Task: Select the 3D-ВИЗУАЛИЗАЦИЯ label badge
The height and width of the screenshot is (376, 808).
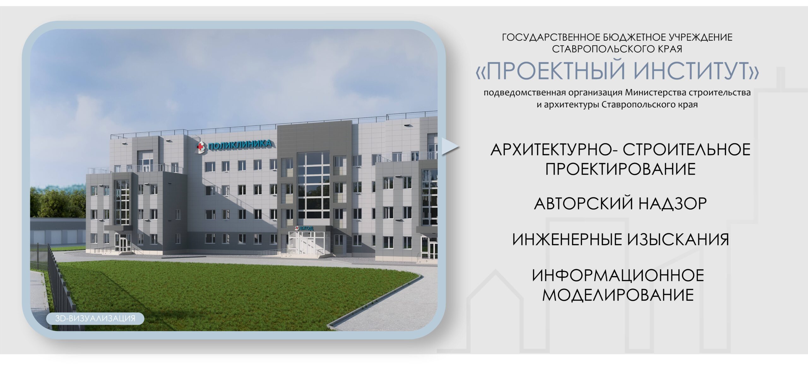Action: (x=95, y=318)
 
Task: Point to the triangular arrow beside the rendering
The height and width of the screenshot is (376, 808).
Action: (x=449, y=147)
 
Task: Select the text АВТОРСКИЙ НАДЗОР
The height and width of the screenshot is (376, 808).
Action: (x=620, y=203)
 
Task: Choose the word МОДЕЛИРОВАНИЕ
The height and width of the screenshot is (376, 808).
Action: (x=618, y=295)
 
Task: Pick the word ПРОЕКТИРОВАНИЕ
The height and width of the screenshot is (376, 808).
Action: (x=621, y=169)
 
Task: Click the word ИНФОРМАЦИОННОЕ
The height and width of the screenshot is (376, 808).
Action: (x=618, y=275)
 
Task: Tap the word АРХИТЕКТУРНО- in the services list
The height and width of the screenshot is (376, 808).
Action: (x=554, y=149)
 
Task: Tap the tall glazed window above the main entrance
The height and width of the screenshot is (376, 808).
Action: (x=313, y=186)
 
